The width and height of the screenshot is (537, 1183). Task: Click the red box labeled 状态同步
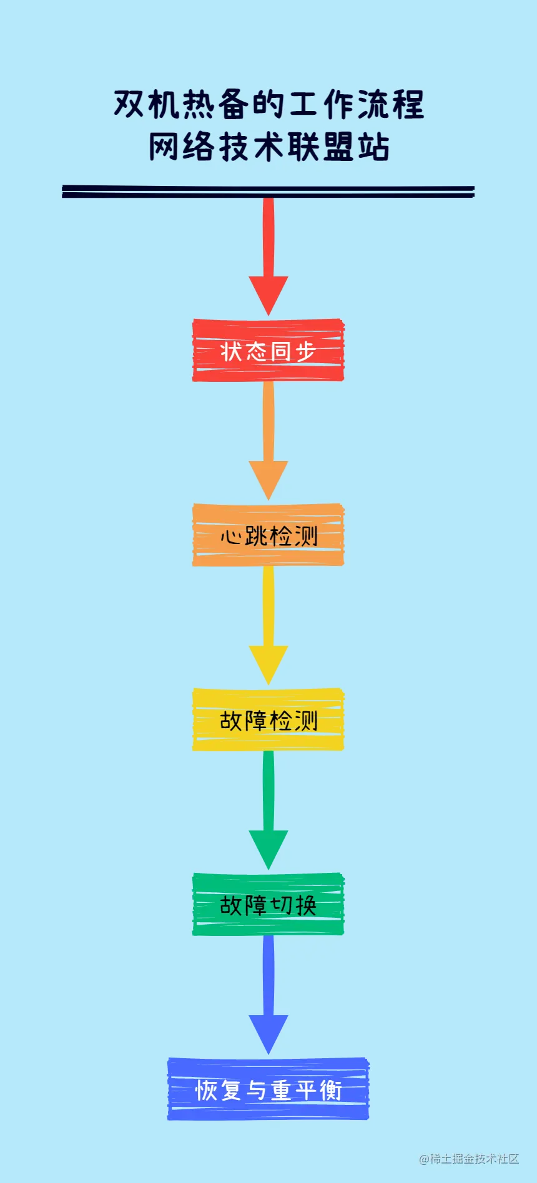268,351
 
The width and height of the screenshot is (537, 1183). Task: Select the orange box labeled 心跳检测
268,535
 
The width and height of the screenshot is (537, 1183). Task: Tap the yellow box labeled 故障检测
268,720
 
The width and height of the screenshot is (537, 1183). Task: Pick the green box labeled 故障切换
268,905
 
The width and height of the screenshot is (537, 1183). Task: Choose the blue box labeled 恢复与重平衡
268,1089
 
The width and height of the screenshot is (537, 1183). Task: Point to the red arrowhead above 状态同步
268,293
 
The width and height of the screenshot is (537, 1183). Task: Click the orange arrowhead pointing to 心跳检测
268,478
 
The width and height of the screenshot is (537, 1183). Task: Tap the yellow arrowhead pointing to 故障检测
268,663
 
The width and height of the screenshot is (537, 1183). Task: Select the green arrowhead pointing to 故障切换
268,847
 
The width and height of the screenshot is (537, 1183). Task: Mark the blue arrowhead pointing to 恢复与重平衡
268,1032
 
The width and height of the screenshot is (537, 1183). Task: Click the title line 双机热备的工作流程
268,104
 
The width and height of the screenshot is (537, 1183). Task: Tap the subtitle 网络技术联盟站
268,147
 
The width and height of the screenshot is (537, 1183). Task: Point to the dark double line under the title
268,192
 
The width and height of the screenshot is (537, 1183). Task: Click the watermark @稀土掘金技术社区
469,1159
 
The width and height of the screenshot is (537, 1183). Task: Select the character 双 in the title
130,104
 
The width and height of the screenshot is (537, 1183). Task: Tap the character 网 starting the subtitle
164,147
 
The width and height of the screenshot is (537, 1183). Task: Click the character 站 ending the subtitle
373,147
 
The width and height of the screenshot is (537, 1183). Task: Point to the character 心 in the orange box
230,536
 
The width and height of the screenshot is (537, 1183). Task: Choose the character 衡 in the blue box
330,1090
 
